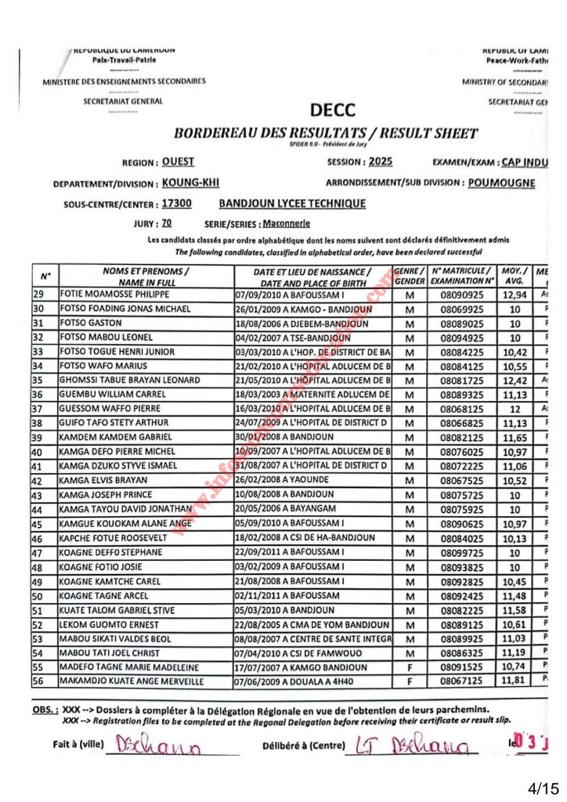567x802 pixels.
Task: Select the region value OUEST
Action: [178, 162]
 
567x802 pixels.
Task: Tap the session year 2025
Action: [379, 162]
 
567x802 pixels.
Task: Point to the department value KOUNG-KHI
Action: [190, 183]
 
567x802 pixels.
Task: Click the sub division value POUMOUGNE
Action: [501, 183]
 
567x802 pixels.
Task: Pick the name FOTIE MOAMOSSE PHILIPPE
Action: [114, 294]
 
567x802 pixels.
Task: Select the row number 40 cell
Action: [38, 452]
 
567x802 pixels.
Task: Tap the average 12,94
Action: [514, 294]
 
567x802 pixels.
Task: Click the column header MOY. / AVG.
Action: [514, 275]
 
